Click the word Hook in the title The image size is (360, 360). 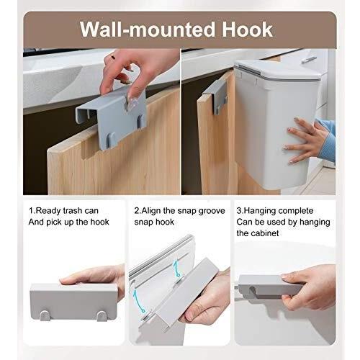click(x=247, y=30)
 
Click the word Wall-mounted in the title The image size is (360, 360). click(x=148, y=30)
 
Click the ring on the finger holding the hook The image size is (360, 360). click(x=113, y=58)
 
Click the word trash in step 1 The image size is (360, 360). click(x=72, y=211)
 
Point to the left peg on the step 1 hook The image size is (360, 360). click(x=45, y=315)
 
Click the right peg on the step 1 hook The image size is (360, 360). click(x=102, y=316)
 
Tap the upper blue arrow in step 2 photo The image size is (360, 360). click(x=176, y=269)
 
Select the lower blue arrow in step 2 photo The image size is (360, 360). click(x=138, y=301)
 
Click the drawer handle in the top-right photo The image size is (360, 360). click(x=309, y=60)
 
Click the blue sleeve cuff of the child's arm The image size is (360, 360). click(x=327, y=144)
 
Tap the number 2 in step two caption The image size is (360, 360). click(x=136, y=211)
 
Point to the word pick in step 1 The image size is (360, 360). click(x=54, y=222)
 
